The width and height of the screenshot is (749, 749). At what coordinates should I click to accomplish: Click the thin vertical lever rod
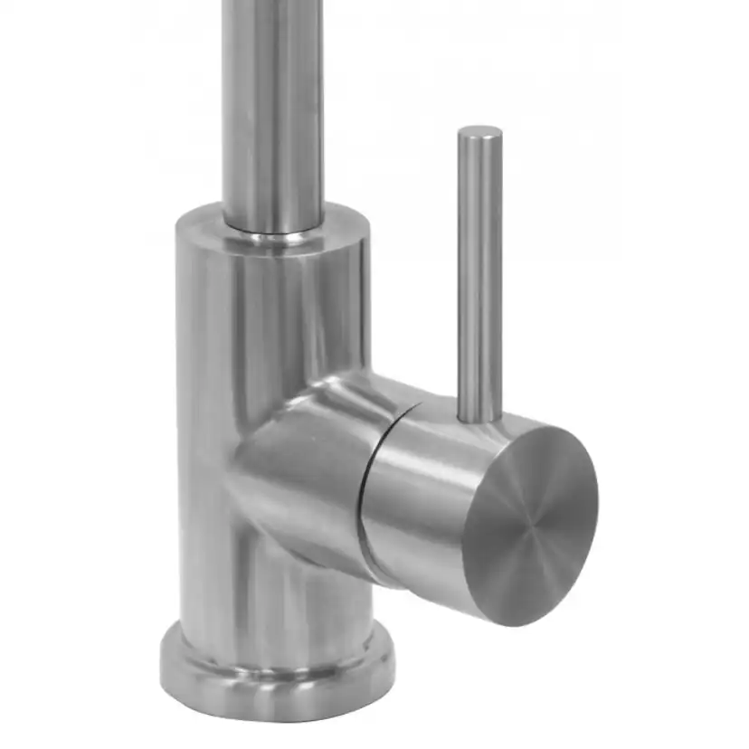[479, 271]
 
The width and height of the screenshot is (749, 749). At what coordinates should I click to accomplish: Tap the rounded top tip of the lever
[479, 132]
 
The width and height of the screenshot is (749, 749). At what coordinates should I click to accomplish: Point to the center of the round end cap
[531, 525]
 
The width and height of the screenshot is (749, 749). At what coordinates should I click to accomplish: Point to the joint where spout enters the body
[272, 237]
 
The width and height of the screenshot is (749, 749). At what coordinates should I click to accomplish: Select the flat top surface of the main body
[344, 226]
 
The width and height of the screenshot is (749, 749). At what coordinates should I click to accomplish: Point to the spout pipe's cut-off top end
[271, 5]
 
